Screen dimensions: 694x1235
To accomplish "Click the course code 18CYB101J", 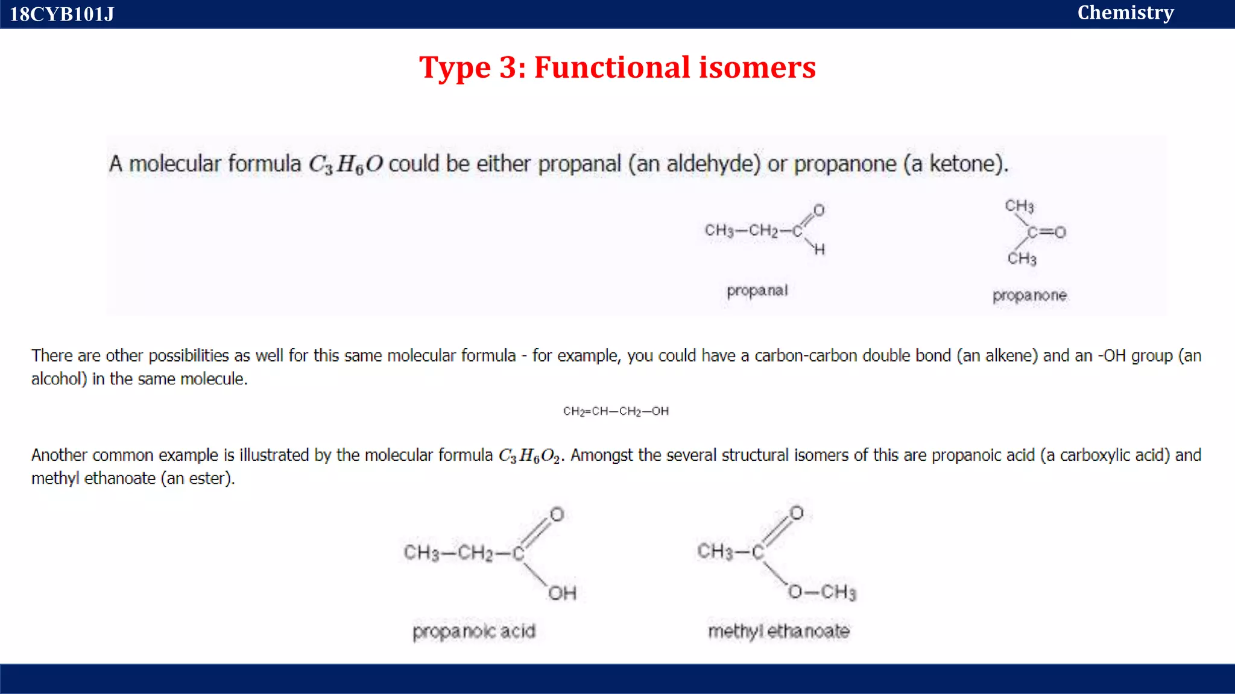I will tap(62, 14).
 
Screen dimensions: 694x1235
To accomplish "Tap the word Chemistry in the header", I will tap(1125, 13).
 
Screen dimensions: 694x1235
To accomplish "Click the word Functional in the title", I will tap(612, 67).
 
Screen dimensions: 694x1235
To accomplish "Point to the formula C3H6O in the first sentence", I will tap(346, 164).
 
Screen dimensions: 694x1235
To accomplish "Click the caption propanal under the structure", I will tap(757, 290).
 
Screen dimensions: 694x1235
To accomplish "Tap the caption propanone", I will tap(1029, 295).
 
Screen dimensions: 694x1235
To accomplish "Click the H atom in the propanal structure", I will tap(819, 249).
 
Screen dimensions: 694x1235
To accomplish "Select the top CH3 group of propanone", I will tap(1019, 206).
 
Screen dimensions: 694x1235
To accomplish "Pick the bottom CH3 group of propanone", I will tap(1022, 258).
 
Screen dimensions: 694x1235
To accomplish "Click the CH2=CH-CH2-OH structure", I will tap(616, 411).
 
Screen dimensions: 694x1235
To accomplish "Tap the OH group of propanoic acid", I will tap(562, 593).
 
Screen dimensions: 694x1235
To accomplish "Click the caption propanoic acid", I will tap(474, 631).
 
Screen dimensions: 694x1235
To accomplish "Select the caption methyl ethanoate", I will tap(779, 631).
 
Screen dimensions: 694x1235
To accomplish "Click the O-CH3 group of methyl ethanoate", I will tap(822, 592).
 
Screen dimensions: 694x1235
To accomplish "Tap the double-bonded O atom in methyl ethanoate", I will tap(797, 513).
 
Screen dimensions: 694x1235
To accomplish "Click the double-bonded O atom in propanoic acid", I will tap(557, 514).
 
